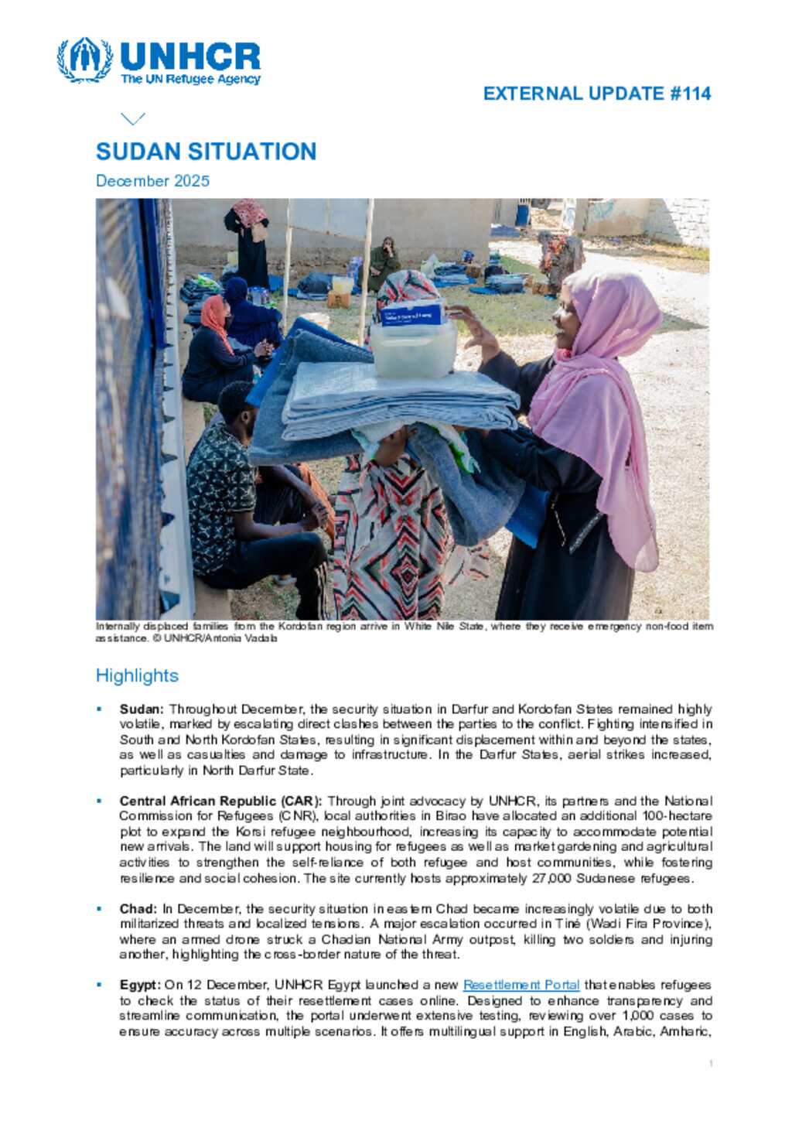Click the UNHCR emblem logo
84,60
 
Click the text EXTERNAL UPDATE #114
596,94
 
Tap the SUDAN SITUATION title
206,152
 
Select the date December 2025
152,181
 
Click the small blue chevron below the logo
133,118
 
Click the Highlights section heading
137,675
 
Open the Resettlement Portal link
521,985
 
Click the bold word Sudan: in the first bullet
142,709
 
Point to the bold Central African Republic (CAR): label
220,801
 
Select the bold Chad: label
138,908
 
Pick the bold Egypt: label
140,985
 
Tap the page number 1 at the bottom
711,1064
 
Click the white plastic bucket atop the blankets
413,348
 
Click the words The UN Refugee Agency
190,79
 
